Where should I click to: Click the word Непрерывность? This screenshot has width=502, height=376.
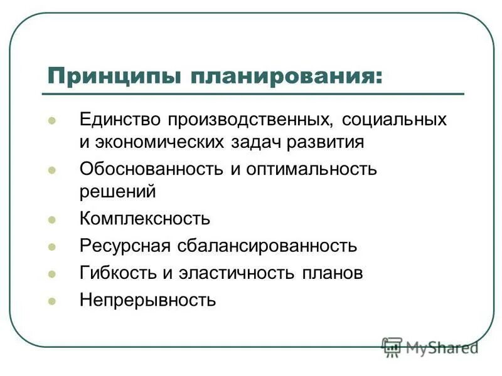pyautogui.click(x=147, y=300)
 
